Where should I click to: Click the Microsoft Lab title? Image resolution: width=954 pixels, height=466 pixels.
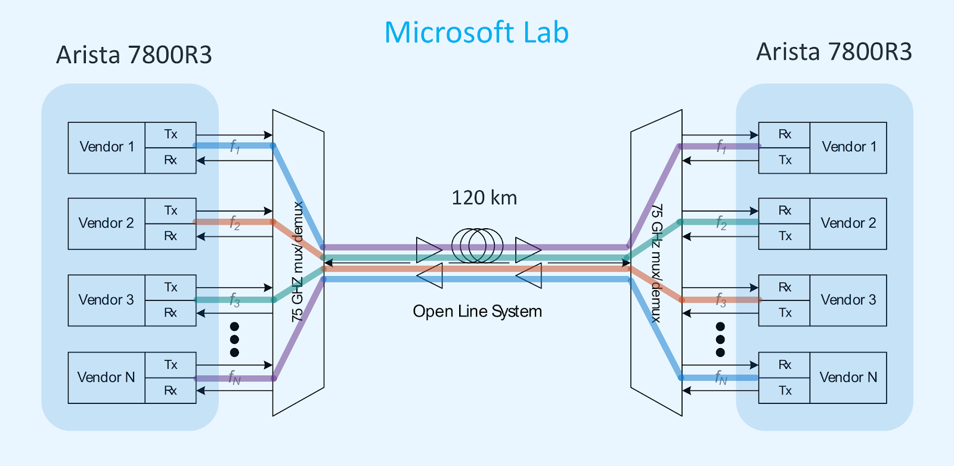coord(476,32)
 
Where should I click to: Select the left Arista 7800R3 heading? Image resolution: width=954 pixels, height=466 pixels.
coord(134,55)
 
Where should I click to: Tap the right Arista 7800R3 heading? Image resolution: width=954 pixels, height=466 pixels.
coord(834,52)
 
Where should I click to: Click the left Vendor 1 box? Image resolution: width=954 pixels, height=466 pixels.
coord(107,147)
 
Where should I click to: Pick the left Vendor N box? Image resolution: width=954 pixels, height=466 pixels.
coord(106,377)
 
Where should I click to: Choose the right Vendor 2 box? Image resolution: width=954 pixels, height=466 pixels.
coord(848,223)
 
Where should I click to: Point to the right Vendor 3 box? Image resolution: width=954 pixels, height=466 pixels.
coord(848,300)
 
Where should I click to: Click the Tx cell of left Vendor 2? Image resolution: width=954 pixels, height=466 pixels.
coord(171,210)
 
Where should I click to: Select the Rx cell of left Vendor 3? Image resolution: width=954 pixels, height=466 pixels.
coord(171,313)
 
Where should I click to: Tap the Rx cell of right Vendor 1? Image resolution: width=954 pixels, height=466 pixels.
coord(785,135)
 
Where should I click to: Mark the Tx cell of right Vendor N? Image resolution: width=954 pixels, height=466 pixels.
coord(785,390)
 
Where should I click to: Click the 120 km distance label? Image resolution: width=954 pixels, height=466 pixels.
coord(484,198)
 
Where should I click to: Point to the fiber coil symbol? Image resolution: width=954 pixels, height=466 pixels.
coord(477,245)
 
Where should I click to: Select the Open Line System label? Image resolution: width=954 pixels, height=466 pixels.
coord(477,312)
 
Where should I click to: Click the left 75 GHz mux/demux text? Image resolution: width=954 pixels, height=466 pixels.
coord(298,262)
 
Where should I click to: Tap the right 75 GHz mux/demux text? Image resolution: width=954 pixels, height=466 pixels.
coord(656,262)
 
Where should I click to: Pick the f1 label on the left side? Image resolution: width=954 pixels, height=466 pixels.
coord(235,147)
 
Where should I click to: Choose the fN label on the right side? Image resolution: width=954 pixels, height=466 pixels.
coord(721,377)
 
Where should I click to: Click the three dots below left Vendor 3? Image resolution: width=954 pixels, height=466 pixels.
coord(234,340)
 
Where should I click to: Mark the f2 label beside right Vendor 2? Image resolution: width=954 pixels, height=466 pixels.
coord(721,223)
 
